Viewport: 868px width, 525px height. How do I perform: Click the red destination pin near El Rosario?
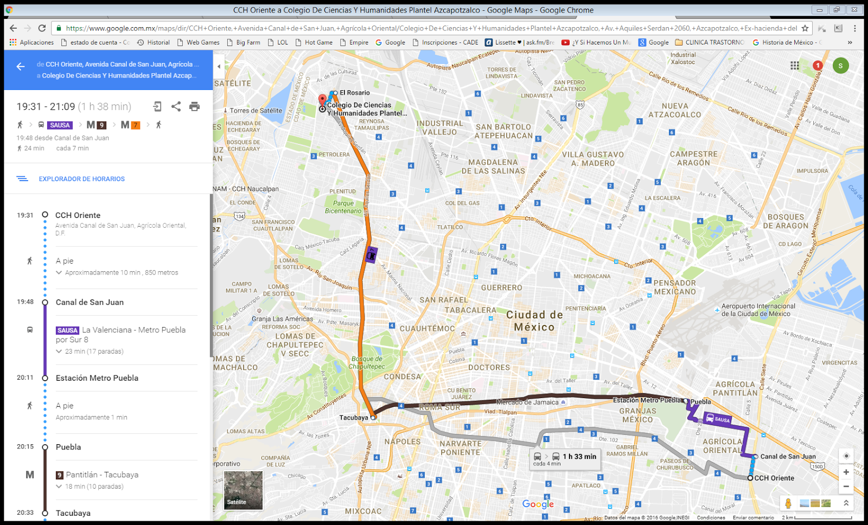(x=322, y=100)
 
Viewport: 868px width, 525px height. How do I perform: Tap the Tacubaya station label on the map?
(x=354, y=418)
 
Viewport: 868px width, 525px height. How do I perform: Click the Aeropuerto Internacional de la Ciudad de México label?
(x=758, y=310)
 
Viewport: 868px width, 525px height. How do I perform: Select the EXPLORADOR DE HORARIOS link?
(x=81, y=179)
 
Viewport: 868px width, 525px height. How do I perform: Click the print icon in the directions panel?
(x=194, y=106)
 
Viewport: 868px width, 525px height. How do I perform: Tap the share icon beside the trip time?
(x=176, y=106)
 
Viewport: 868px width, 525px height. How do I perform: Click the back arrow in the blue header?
(x=21, y=67)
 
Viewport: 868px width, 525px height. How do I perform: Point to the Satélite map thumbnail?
(x=243, y=490)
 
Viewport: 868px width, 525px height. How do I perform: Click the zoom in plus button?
(x=846, y=472)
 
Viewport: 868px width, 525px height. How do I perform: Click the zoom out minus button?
(x=846, y=486)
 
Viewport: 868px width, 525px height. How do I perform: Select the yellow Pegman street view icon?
(x=788, y=503)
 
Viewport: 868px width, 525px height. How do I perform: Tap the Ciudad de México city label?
(x=534, y=321)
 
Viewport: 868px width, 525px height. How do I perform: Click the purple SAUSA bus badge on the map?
(x=717, y=419)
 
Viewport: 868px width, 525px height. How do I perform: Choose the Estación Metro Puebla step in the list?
(x=97, y=378)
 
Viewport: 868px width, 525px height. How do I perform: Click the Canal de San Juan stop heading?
(x=90, y=302)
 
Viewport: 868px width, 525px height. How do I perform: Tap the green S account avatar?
(x=840, y=66)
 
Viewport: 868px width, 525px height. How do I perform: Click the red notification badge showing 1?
(x=818, y=66)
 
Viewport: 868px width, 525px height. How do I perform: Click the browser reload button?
(x=42, y=28)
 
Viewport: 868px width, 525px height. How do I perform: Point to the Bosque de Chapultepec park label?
(x=367, y=362)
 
